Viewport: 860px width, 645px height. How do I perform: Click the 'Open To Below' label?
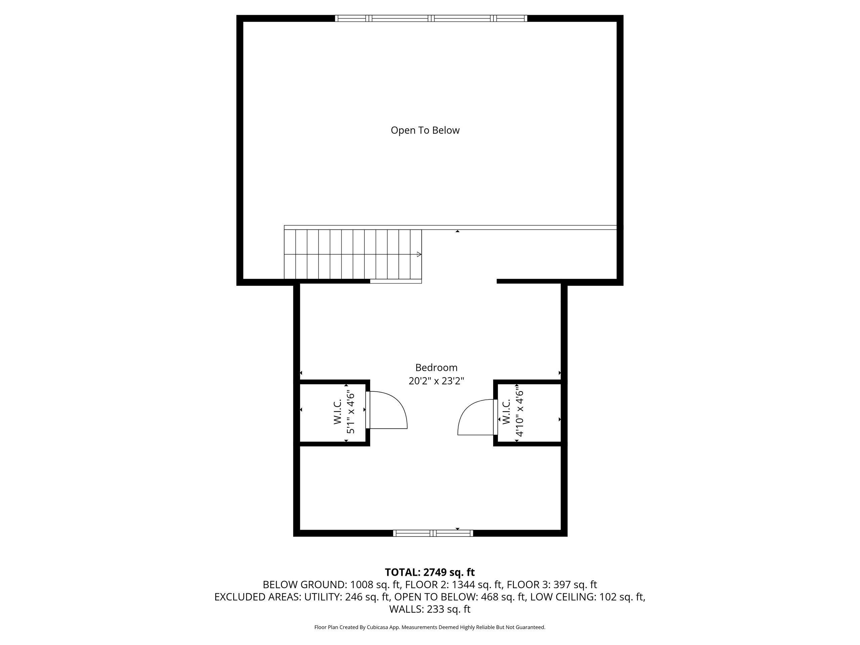point(425,130)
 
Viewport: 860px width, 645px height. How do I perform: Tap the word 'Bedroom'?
point(436,368)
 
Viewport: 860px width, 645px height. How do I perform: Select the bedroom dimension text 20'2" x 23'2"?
point(436,381)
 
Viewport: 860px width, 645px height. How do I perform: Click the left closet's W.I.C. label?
point(338,411)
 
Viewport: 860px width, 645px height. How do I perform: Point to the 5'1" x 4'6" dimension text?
point(351,412)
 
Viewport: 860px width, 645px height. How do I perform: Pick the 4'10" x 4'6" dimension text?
point(520,413)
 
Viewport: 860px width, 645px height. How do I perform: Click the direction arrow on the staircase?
point(419,254)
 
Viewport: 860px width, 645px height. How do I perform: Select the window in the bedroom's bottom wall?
point(433,533)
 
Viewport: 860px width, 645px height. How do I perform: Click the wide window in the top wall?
point(431,18)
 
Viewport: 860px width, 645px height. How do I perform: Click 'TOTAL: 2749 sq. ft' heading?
point(430,572)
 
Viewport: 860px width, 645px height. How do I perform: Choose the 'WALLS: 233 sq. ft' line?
point(430,609)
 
